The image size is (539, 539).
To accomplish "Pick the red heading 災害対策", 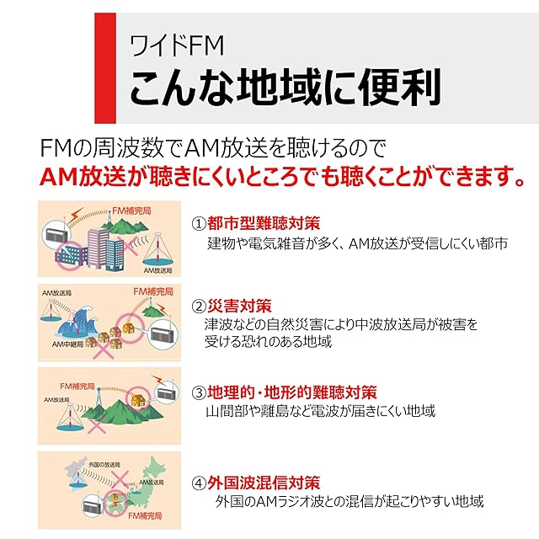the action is (x=239, y=305).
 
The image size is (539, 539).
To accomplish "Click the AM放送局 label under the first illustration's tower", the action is (x=157, y=271).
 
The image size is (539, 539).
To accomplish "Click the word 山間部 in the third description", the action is (x=226, y=412).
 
